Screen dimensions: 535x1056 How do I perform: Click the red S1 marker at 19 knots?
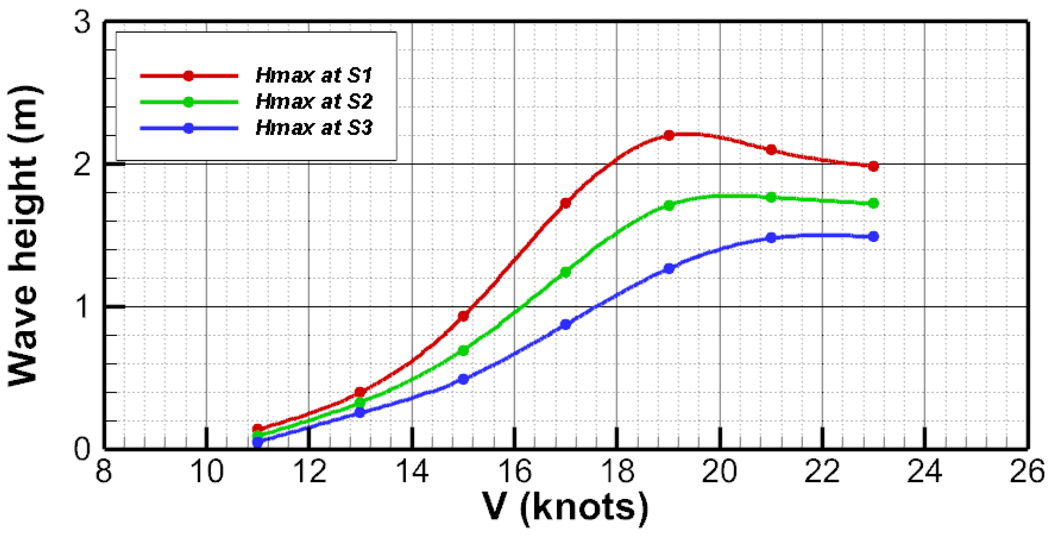tap(668, 135)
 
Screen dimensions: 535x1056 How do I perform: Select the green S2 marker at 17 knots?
tap(566, 272)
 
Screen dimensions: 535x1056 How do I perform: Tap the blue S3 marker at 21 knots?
tap(771, 238)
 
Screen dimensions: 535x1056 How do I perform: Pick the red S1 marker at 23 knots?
tap(873, 166)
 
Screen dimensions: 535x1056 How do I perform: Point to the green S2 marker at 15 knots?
tap(463, 351)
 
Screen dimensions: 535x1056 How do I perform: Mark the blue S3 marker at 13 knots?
tap(360, 412)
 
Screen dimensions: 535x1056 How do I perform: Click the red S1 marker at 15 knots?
tap(463, 316)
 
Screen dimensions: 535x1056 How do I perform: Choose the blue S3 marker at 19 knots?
tap(668, 269)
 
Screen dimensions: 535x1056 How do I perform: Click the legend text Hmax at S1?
tap(314, 75)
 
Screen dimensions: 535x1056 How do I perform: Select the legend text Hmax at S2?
tap(314, 102)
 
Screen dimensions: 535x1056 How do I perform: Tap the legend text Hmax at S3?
tap(314, 128)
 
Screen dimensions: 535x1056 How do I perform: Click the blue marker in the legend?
tap(188, 128)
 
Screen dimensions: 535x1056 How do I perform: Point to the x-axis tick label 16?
tap(515, 471)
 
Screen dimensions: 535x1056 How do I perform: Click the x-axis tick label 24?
tap(925, 471)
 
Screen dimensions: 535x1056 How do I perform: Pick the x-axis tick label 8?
tap(104, 471)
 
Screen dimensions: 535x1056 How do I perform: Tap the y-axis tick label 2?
tap(82, 165)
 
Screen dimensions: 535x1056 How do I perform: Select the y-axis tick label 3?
tap(82, 23)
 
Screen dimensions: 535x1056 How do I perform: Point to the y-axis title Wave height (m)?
tap(25, 236)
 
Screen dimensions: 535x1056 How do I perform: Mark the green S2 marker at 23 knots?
tap(873, 203)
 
